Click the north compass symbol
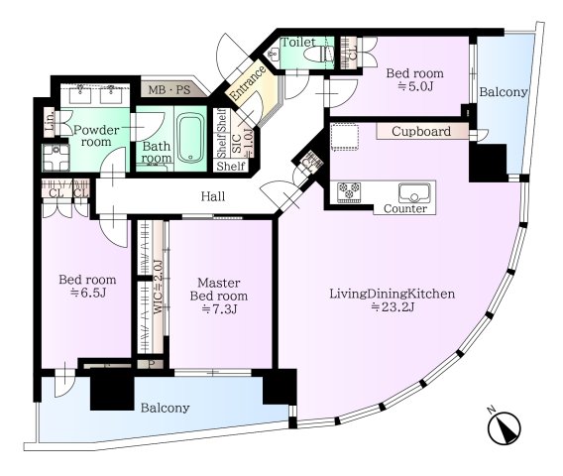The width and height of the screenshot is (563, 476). click(505, 426)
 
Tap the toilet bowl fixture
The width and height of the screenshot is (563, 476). click(318, 55)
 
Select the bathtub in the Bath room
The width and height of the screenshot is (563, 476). click(189, 138)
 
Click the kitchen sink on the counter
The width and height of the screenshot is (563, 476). click(414, 193)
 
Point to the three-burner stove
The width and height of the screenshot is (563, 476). click(349, 190)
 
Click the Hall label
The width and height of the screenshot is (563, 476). click(213, 196)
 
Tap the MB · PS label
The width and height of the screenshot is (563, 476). click(169, 89)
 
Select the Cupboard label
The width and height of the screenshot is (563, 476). click(421, 131)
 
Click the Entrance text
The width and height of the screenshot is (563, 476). click(248, 83)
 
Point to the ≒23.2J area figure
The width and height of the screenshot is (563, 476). click(393, 307)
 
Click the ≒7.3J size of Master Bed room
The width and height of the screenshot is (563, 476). click(219, 309)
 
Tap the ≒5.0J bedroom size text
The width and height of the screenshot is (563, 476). click(415, 86)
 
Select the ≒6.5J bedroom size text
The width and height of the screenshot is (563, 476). click(87, 293)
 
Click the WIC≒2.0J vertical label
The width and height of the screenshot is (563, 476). click(159, 288)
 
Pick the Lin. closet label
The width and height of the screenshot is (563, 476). click(50, 121)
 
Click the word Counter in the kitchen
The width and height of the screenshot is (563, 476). click(405, 208)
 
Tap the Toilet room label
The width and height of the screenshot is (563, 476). click(298, 42)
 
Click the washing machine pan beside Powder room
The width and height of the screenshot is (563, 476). click(56, 158)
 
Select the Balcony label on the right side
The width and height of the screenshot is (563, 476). click(504, 92)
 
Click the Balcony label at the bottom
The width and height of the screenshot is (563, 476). click(165, 409)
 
